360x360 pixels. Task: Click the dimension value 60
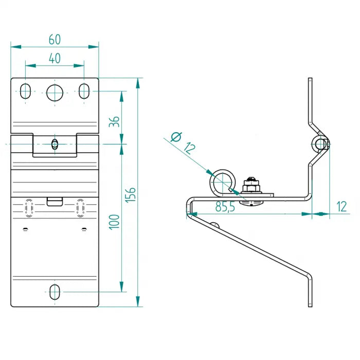click(54, 39)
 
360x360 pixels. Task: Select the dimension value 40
click(55, 58)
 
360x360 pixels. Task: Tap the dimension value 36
click(115, 121)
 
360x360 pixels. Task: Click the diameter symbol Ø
click(176, 137)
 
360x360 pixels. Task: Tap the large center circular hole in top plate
click(55, 92)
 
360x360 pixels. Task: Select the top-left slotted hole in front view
click(25, 91)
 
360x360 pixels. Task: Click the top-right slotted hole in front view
click(83, 91)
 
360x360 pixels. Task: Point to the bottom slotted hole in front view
click(55, 292)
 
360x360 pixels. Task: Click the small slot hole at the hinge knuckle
click(55, 144)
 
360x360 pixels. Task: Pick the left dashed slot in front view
click(29, 208)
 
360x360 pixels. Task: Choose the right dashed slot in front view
click(80, 208)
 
